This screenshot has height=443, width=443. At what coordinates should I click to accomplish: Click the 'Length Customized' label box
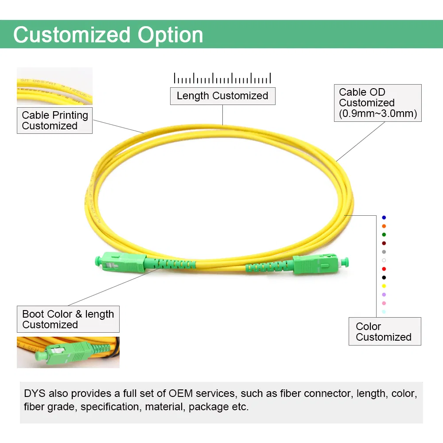coord(222,96)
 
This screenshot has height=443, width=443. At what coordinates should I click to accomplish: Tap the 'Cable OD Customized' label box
coord(377,103)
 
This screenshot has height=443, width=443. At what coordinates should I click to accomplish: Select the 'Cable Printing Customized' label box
coord(54,120)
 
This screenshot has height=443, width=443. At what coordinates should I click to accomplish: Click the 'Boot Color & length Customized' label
coord(68,319)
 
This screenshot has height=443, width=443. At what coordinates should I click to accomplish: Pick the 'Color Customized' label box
coord(385,331)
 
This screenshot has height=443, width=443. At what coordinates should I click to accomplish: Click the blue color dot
coord(384,218)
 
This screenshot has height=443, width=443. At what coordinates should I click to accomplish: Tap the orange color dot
coord(384,226)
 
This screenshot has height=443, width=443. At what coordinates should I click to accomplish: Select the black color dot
coord(384,277)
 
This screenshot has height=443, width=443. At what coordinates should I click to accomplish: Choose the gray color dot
coord(384,252)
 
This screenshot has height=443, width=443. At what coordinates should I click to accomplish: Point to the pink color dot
coord(384,303)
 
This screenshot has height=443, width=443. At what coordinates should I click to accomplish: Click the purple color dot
coord(384,295)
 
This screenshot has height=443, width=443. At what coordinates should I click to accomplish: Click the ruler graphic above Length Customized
coord(222,78)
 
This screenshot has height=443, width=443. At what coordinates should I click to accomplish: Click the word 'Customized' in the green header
coord(72,35)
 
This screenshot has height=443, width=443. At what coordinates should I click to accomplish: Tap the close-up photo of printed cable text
coord(54,86)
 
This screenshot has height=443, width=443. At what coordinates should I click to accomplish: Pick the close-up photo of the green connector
coord(68,352)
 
